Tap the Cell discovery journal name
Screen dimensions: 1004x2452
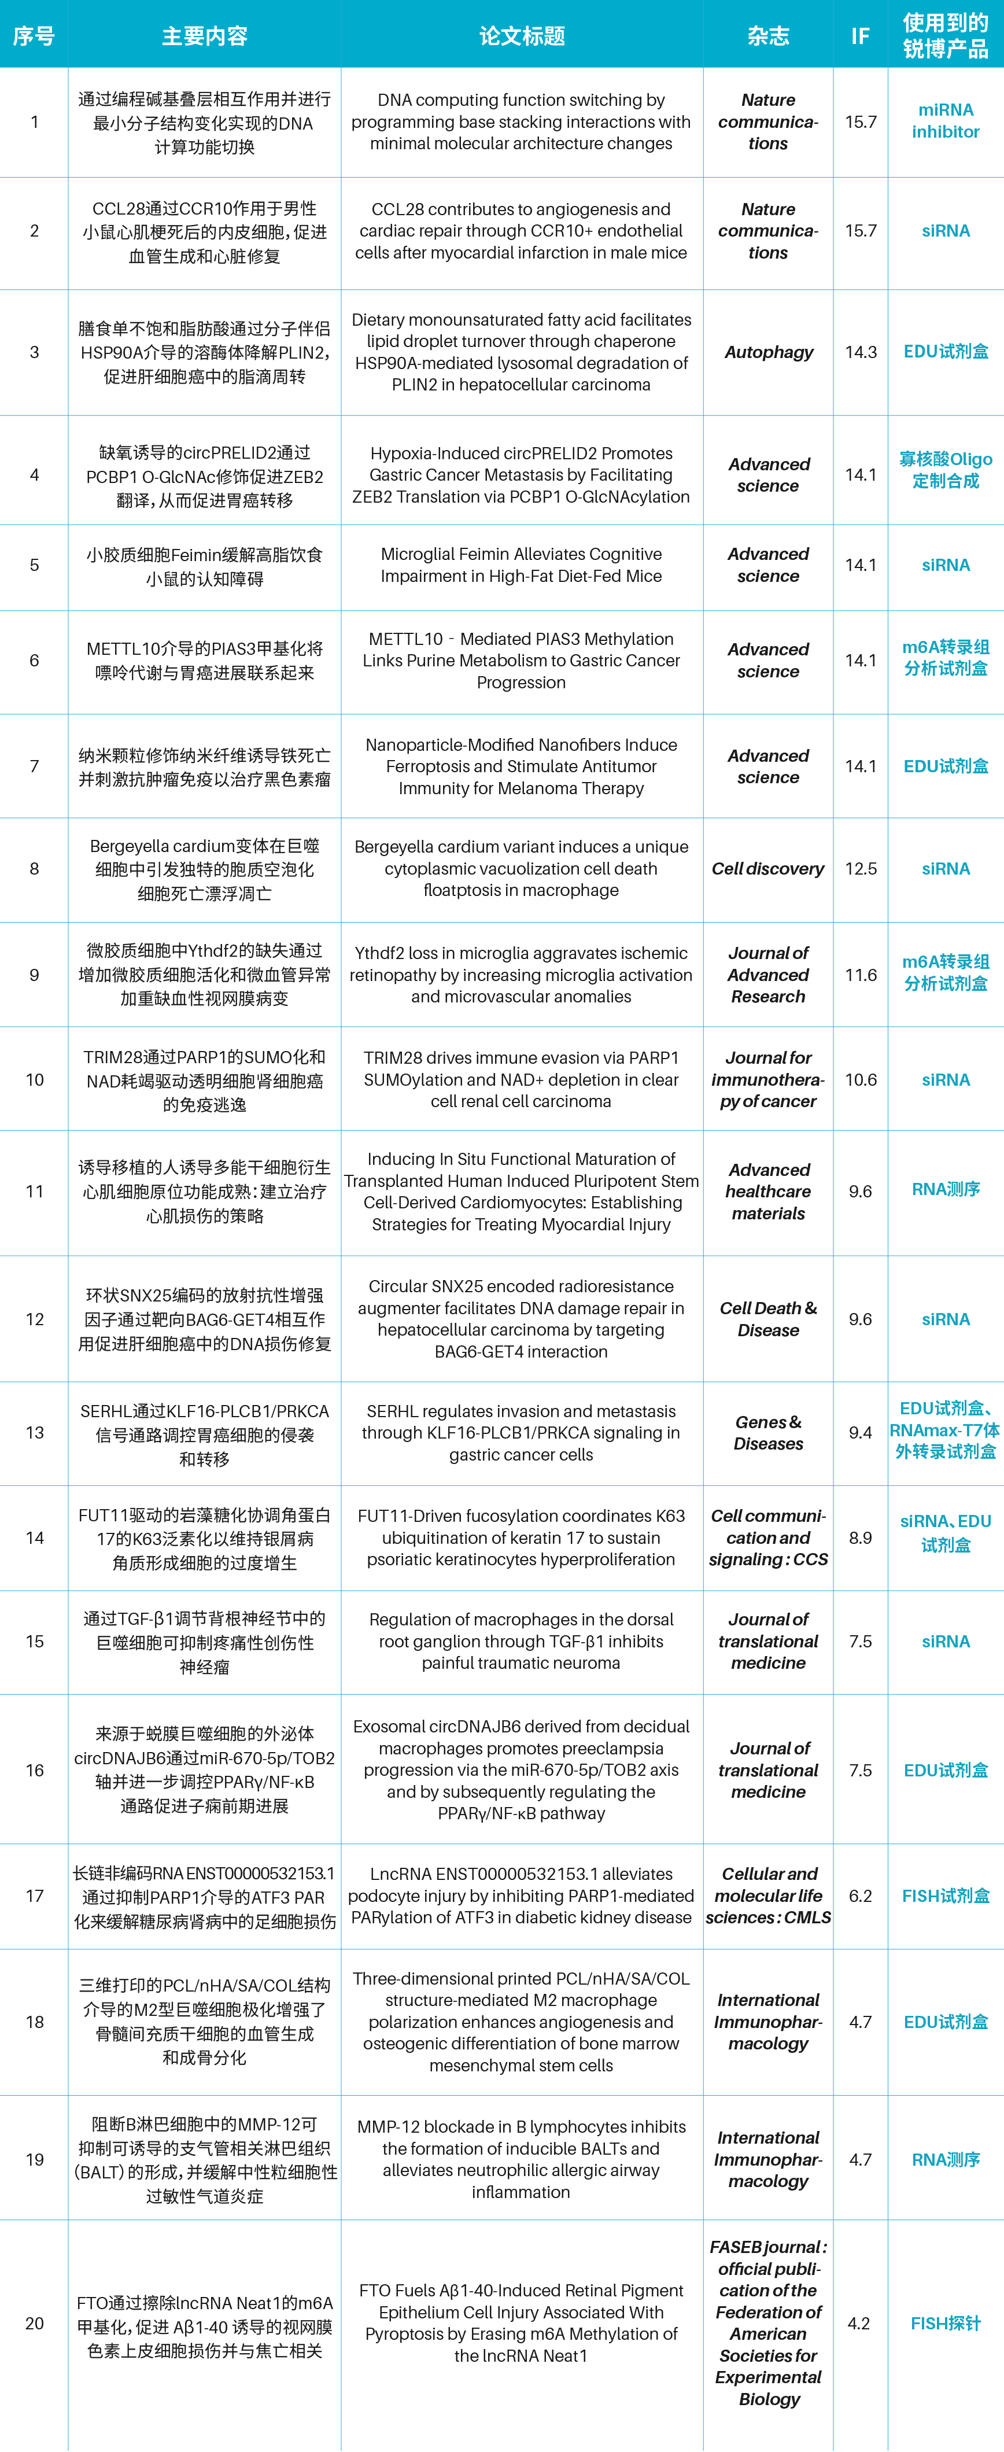768,869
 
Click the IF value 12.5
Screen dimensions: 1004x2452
861,869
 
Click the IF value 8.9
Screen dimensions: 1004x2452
861,1537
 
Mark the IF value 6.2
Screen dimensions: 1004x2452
861,1895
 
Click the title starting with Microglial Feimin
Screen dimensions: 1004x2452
522,565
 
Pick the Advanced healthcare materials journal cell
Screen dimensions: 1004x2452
768,1192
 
